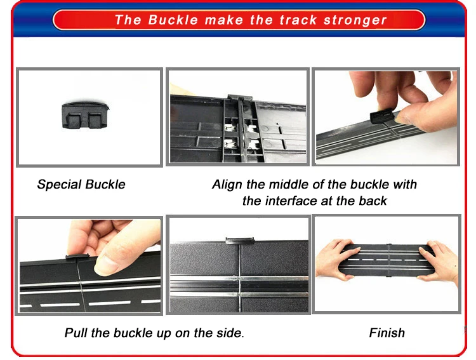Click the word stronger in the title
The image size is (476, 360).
tap(355, 20)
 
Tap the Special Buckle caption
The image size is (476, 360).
tap(81, 185)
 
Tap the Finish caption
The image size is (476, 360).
tap(387, 333)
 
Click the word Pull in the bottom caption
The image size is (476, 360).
tap(77, 333)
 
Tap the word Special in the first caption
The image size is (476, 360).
tap(58, 185)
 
